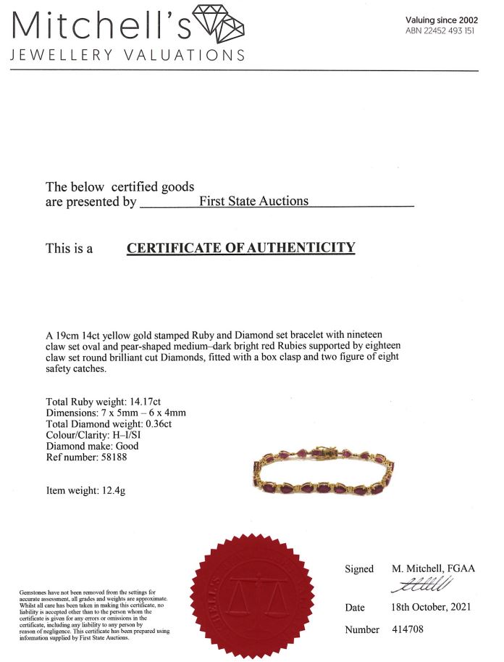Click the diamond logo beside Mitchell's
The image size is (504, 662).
click(219, 23)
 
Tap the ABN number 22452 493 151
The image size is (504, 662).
click(441, 30)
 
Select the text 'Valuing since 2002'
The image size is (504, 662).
click(441, 20)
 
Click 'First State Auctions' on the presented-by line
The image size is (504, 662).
click(253, 201)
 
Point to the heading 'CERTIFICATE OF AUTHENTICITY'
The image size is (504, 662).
click(241, 248)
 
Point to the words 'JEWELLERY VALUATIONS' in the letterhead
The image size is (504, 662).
click(127, 55)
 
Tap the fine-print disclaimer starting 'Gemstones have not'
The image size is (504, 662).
click(94, 613)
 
